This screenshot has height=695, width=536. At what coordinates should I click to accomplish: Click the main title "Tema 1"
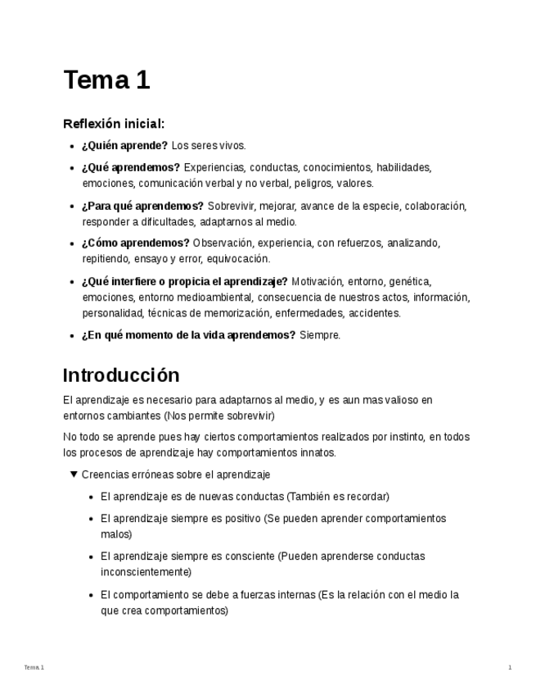pos(106,80)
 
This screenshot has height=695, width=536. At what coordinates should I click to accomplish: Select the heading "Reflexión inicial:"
pos(114,124)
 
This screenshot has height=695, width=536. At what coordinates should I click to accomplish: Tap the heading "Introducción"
pos(121,375)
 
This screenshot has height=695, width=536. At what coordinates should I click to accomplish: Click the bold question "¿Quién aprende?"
pos(124,146)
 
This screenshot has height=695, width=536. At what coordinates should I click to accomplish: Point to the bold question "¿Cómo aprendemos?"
pos(135,243)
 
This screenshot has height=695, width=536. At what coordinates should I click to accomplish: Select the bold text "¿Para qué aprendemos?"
pos(142,206)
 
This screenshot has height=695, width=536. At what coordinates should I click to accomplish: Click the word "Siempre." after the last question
pos(320,335)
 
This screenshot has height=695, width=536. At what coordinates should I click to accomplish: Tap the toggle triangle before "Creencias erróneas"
pos(74,474)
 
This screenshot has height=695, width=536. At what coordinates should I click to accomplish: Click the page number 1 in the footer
pos(510,668)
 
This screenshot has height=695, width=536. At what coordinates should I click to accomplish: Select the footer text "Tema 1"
pos(34,668)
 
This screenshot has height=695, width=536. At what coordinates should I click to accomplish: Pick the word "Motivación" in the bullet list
pos(317,281)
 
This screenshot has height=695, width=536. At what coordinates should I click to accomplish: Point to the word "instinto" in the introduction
pos(407,437)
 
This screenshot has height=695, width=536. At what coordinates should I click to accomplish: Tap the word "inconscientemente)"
pos(146,572)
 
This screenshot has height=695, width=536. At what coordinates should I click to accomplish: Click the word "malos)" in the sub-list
pos(116,534)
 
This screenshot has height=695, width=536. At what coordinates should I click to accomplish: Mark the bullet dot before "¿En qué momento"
pos(73,335)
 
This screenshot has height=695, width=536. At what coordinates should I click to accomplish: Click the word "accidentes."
pos(375,313)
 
